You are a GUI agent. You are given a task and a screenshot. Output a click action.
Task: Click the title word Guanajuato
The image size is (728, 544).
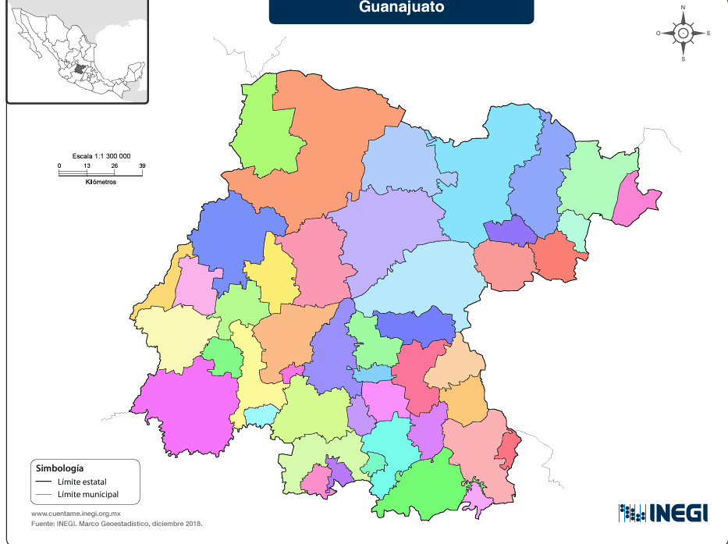401,7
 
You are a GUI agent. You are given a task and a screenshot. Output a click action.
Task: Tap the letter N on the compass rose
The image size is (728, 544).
683,8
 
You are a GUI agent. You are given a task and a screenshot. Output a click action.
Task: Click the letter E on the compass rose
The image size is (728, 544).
708,33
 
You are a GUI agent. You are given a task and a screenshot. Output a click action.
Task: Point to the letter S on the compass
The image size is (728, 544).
684,59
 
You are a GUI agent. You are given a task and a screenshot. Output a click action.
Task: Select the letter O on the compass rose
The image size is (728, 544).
659,33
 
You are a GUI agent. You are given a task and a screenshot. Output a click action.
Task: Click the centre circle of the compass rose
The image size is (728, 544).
684,33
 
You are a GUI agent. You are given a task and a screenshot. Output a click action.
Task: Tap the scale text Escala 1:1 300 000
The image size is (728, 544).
101,156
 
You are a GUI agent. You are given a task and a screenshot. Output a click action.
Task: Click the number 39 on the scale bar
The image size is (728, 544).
142,165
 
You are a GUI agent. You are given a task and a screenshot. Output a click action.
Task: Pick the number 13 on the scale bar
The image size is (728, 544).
87,165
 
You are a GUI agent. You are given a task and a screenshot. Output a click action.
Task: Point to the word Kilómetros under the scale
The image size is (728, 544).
101,182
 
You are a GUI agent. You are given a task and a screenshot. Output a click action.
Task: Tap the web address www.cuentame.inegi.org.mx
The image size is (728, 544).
76,514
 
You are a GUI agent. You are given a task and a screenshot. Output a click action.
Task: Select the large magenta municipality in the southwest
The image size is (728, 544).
187,410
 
